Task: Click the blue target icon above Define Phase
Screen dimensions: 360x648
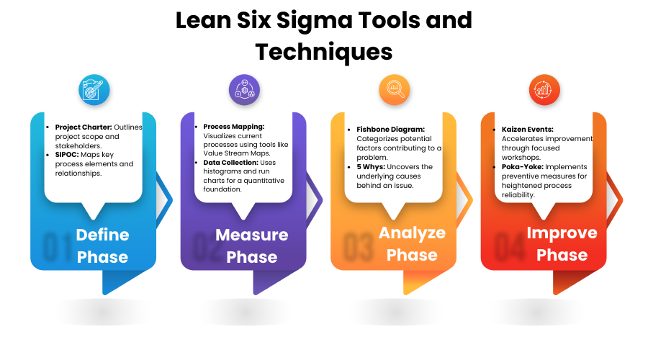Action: point(94,91)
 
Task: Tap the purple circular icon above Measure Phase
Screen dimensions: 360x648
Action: point(244,91)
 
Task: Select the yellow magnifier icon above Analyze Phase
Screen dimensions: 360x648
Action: point(395,91)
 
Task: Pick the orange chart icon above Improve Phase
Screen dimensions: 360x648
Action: point(544,91)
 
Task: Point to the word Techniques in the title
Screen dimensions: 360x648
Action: point(324,52)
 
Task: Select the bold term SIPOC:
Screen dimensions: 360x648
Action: point(68,155)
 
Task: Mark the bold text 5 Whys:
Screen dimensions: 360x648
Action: point(373,167)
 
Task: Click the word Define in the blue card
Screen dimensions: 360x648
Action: point(102,235)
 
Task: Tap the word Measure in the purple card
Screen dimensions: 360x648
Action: point(252,235)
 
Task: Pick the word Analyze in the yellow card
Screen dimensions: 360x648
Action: point(412,233)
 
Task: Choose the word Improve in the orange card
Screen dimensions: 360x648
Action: point(562,233)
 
